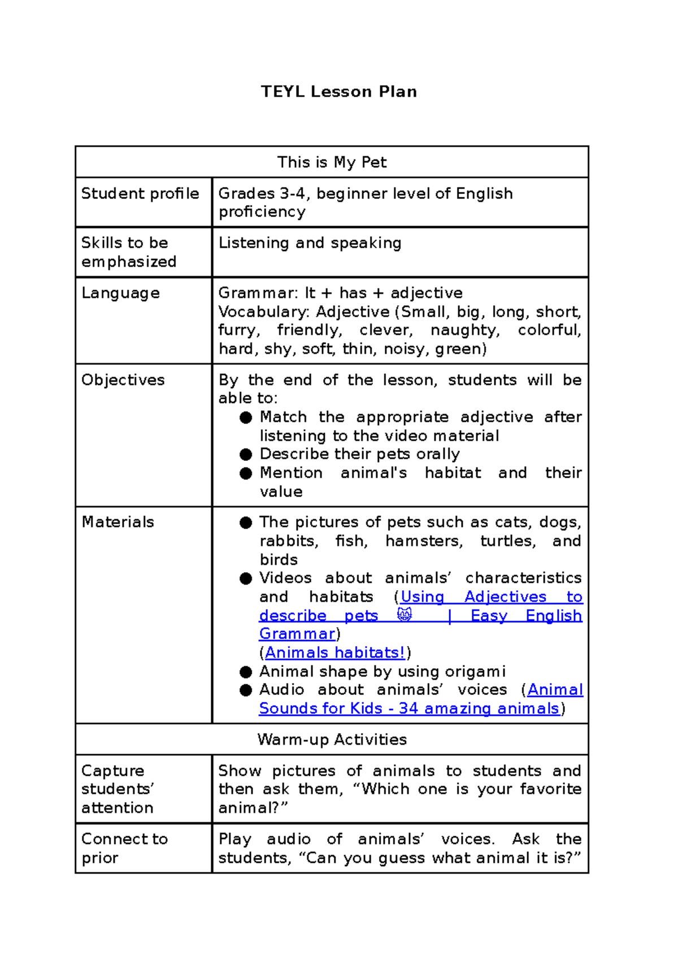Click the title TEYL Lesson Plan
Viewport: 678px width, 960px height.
[338, 92]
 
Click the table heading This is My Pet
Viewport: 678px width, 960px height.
[332, 162]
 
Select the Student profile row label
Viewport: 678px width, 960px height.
[140, 193]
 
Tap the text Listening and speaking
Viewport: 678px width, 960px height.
[310, 243]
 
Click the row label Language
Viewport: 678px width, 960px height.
[120, 293]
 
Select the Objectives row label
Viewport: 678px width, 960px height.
[123, 380]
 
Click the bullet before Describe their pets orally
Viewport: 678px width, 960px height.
[245, 455]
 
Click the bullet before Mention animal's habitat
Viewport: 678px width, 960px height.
[245, 473]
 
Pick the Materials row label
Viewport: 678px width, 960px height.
[118, 522]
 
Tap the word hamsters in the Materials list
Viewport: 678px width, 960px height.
[423, 541]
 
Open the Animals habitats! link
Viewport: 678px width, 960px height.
[335, 652]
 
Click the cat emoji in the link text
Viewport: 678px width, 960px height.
[405, 615]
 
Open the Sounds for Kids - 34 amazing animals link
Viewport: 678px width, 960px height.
[409, 708]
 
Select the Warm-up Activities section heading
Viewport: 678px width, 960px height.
[332, 740]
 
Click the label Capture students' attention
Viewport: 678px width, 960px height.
[118, 789]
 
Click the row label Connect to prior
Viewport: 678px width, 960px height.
[124, 848]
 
